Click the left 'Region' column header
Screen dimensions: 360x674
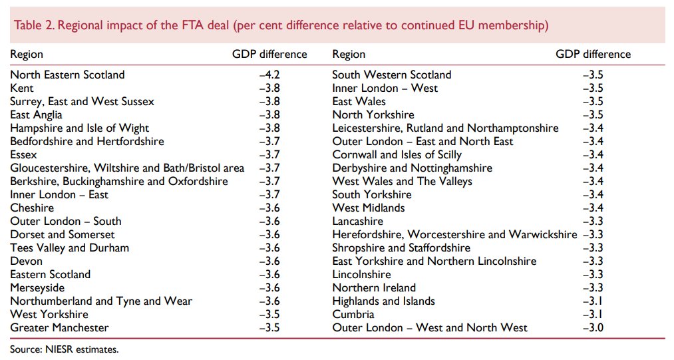click(27, 55)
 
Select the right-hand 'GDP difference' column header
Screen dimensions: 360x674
click(593, 55)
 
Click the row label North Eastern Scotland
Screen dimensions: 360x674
click(67, 75)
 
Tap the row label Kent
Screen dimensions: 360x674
click(22, 89)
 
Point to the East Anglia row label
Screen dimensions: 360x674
click(37, 115)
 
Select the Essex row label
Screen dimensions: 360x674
click(24, 155)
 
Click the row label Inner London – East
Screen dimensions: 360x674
click(59, 195)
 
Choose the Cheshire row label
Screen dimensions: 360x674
click(32, 208)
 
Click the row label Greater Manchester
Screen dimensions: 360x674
click(59, 327)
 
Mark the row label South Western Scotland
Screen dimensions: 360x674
click(391, 75)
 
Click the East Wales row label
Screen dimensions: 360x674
click(359, 102)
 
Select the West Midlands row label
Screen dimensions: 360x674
click(368, 208)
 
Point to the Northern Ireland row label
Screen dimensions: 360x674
click(374, 287)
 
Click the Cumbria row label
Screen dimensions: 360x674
click(353, 314)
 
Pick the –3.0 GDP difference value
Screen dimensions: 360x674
click(592, 327)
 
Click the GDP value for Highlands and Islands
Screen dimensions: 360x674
click(592, 301)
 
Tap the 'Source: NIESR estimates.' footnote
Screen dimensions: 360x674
click(64, 349)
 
